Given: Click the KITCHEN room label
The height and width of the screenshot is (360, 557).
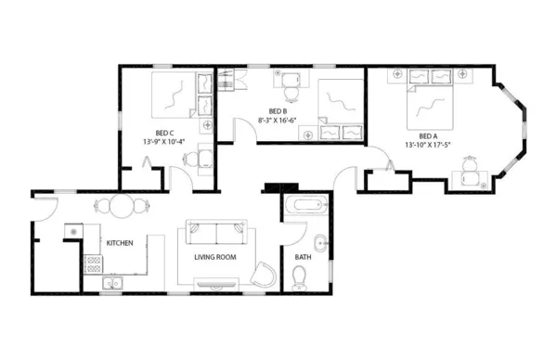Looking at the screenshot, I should (120, 243).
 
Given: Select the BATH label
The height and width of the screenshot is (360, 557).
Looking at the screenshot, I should (304, 257).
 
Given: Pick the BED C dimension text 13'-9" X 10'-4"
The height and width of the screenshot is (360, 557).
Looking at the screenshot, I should (164, 141).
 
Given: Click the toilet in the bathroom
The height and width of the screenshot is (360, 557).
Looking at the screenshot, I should (300, 276).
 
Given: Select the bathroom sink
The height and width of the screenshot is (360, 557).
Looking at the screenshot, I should (319, 245).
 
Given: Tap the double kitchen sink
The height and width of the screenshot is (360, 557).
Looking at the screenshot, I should (112, 284).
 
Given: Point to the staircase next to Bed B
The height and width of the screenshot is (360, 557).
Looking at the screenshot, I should (227, 83).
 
